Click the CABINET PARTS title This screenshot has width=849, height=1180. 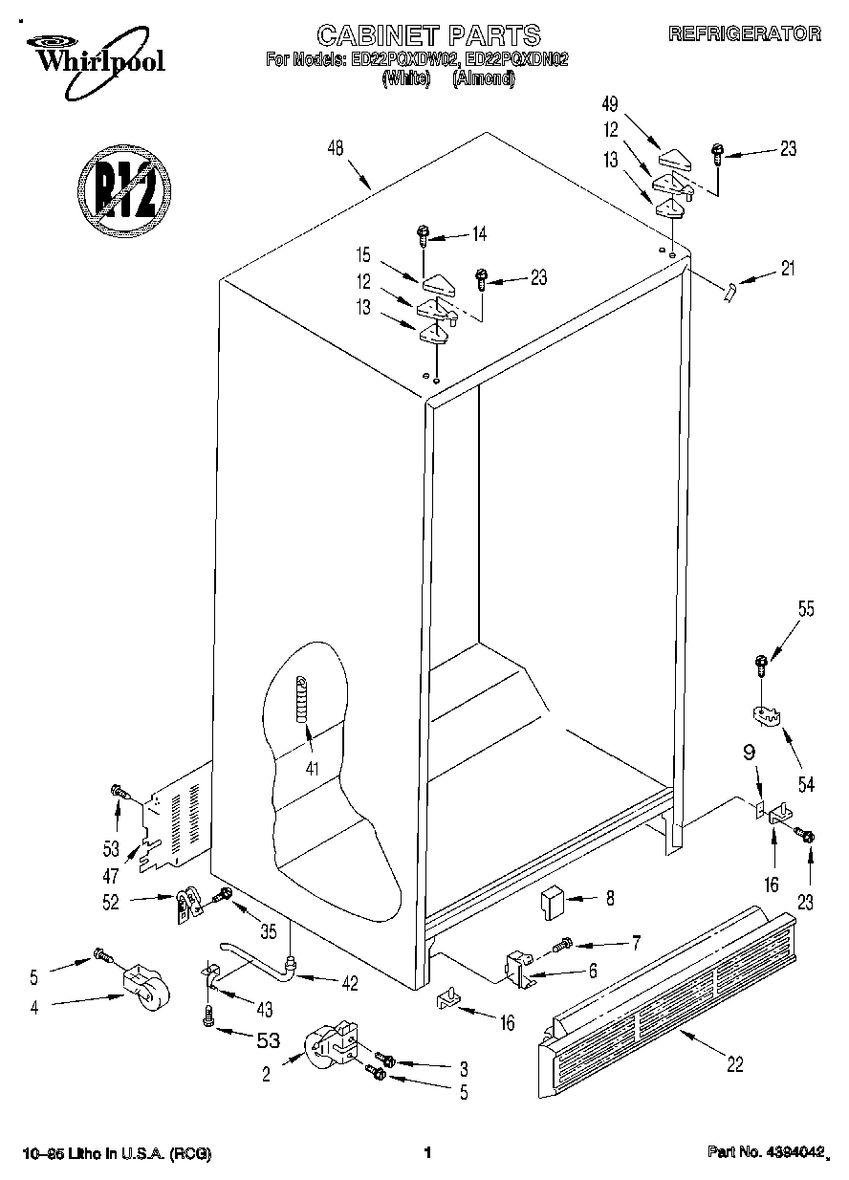pyautogui.click(x=428, y=36)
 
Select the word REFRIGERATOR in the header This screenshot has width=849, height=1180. pyautogui.click(x=744, y=33)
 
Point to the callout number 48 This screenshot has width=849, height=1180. pyautogui.click(x=335, y=147)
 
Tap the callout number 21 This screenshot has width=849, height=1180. pyautogui.click(x=787, y=269)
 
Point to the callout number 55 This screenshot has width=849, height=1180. pyautogui.click(x=806, y=606)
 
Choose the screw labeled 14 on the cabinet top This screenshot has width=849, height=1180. pyautogui.click(x=424, y=233)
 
